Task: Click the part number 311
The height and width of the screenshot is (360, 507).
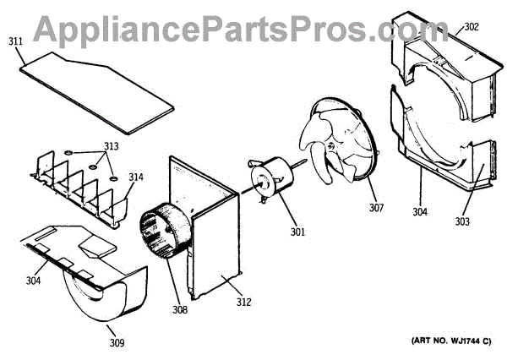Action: [17, 40]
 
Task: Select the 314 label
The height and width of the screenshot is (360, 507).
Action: [136, 177]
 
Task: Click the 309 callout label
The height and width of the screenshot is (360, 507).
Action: [117, 342]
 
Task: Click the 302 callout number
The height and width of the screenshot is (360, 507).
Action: [472, 26]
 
